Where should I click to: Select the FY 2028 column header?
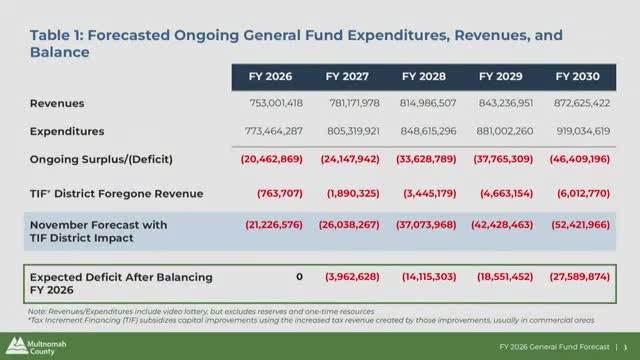(423, 77)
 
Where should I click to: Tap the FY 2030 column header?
(577, 77)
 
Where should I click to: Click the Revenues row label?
(56, 103)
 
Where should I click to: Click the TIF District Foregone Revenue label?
(116, 193)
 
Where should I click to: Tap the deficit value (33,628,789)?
(427, 158)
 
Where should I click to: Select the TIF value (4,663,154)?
(503, 193)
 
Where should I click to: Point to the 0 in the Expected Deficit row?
(299, 276)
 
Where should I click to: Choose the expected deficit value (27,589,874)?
(580, 276)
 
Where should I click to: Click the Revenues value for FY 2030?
(580, 103)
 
